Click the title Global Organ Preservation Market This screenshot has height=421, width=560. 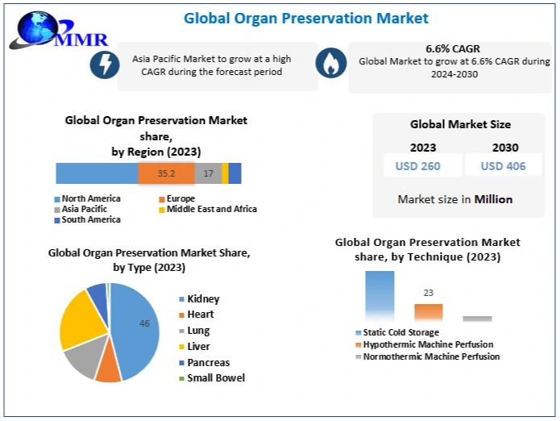(x=305, y=18)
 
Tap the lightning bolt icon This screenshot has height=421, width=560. (x=104, y=65)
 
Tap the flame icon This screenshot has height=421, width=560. (x=330, y=65)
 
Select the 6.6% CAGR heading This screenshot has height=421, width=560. (x=453, y=48)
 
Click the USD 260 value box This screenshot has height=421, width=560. (x=417, y=166)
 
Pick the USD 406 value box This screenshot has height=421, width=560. (x=504, y=166)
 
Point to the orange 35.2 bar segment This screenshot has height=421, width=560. (x=166, y=173)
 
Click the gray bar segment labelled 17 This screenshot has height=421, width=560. (x=208, y=173)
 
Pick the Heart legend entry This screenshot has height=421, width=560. (x=200, y=315)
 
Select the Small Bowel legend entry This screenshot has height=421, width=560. (x=215, y=377)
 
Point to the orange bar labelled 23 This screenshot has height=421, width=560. (x=429, y=313)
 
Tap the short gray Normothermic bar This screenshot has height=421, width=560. (x=477, y=319)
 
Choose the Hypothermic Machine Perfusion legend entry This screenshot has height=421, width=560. (x=428, y=344)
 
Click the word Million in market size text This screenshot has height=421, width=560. (x=493, y=199)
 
